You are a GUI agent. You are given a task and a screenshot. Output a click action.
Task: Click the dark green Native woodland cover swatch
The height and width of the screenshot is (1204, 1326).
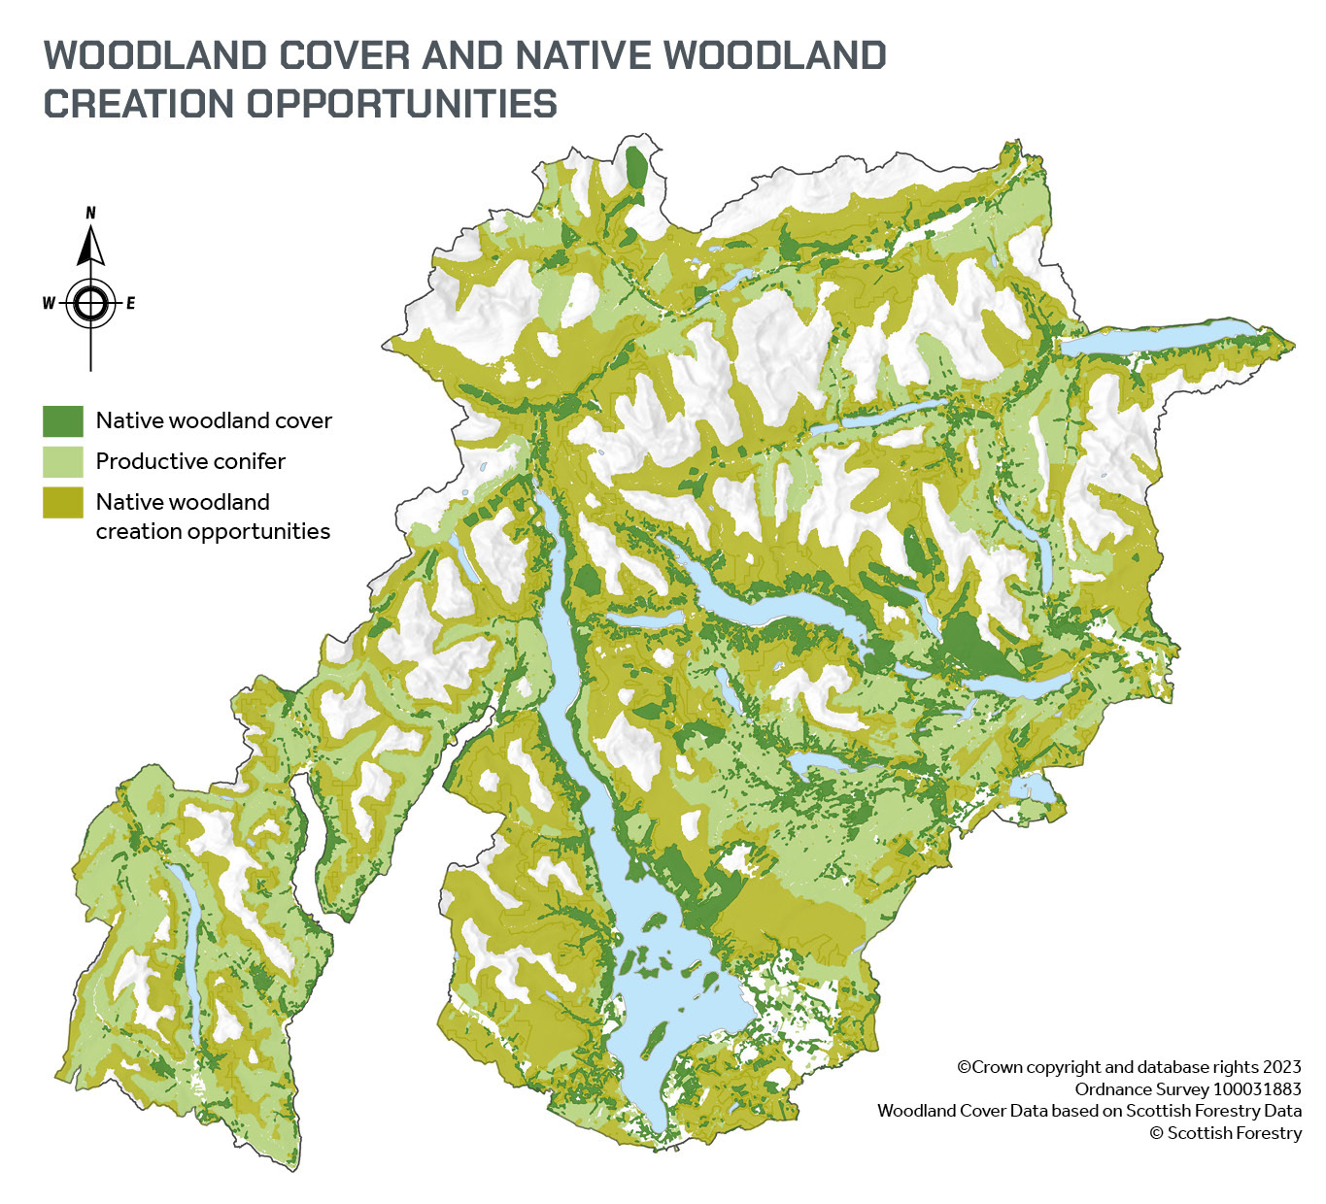(63, 420)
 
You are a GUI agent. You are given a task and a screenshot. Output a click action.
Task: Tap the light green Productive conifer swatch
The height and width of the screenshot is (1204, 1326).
(63, 461)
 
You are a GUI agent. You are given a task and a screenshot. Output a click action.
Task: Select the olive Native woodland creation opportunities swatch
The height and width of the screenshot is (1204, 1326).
(63, 502)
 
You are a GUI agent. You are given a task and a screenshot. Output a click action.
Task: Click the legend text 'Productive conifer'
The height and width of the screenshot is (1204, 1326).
(190, 461)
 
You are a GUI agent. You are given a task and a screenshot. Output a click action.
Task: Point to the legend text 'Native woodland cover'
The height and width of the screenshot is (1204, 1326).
(214, 420)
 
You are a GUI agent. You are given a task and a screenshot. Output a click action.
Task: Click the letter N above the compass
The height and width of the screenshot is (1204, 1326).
(91, 213)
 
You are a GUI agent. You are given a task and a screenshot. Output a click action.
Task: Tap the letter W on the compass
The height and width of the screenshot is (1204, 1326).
(49, 304)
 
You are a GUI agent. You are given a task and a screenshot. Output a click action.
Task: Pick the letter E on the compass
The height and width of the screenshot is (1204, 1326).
(130, 304)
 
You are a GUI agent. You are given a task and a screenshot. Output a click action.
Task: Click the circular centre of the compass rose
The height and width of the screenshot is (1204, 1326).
(90, 304)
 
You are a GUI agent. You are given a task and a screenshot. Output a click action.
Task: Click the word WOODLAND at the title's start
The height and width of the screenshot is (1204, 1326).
(155, 56)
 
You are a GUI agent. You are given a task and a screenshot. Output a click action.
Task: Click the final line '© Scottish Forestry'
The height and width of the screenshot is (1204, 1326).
(1225, 1133)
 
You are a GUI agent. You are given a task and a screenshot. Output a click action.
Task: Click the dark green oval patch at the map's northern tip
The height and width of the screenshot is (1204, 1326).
(636, 167)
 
